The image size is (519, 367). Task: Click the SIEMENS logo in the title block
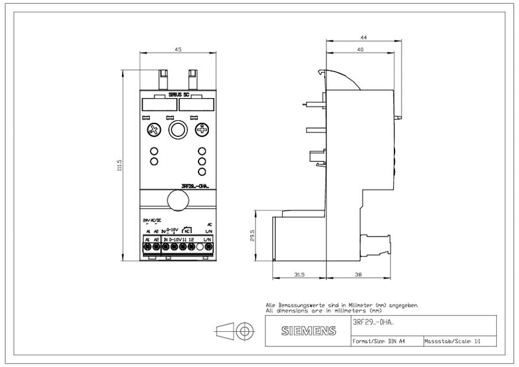(x=309, y=331)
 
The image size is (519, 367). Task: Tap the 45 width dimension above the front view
(x=177, y=49)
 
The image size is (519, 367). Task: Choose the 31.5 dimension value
(x=299, y=275)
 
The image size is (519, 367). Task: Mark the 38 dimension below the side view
(x=359, y=275)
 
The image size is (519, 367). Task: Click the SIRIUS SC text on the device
(x=178, y=95)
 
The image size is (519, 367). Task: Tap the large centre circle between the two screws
(x=177, y=130)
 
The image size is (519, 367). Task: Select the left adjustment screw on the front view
(x=154, y=129)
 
